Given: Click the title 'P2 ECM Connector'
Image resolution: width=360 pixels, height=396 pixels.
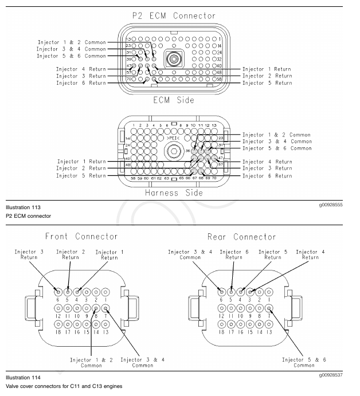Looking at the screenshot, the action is (x=174, y=15).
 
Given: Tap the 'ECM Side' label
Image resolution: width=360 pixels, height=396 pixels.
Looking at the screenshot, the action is (x=174, y=100).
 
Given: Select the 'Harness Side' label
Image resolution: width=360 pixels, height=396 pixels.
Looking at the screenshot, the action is (x=174, y=193).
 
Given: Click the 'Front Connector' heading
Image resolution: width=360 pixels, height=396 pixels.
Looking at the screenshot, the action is (x=81, y=236).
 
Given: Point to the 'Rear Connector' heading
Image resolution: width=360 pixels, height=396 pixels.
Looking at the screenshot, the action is (x=241, y=237).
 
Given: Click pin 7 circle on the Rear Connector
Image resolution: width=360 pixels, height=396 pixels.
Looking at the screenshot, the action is (x=269, y=308).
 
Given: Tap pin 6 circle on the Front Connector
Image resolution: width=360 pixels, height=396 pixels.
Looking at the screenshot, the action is (x=58, y=292).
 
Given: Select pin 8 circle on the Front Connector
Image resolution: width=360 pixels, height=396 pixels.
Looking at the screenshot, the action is (x=96, y=308).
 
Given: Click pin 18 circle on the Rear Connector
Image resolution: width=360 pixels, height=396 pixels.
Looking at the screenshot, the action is (x=222, y=324).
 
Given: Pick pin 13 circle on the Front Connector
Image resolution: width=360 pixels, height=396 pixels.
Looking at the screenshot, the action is (x=105, y=324).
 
